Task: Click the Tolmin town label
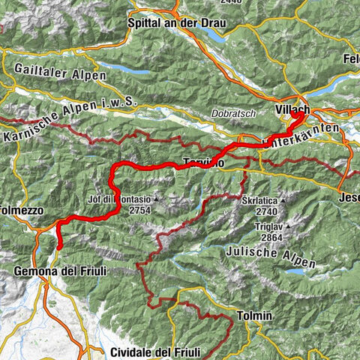(253, 316)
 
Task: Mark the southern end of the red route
(58, 248)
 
